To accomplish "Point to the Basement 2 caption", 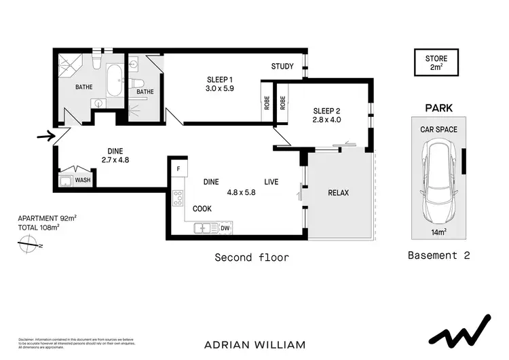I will [x=438, y=256].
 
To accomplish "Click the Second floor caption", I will [x=252, y=257].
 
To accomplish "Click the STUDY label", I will [x=282, y=67].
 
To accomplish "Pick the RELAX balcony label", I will [x=338, y=193].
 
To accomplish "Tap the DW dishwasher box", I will [x=225, y=228].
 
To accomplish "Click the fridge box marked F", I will [x=178, y=168].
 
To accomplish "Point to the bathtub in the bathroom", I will [x=113, y=82].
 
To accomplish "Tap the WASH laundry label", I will [x=83, y=180].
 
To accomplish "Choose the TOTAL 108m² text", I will [x=39, y=227].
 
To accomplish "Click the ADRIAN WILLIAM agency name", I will [x=254, y=344].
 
